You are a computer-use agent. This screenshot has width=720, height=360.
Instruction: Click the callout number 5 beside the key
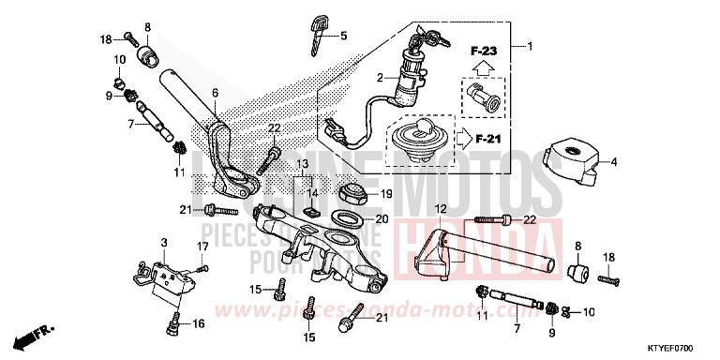click(x=343, y=36)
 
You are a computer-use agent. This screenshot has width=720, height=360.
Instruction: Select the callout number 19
click(x=383, y=193)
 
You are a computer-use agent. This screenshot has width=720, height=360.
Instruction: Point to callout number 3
click(x=165, y=243)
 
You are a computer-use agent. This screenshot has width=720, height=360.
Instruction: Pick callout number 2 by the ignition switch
click(x=381, y=78)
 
